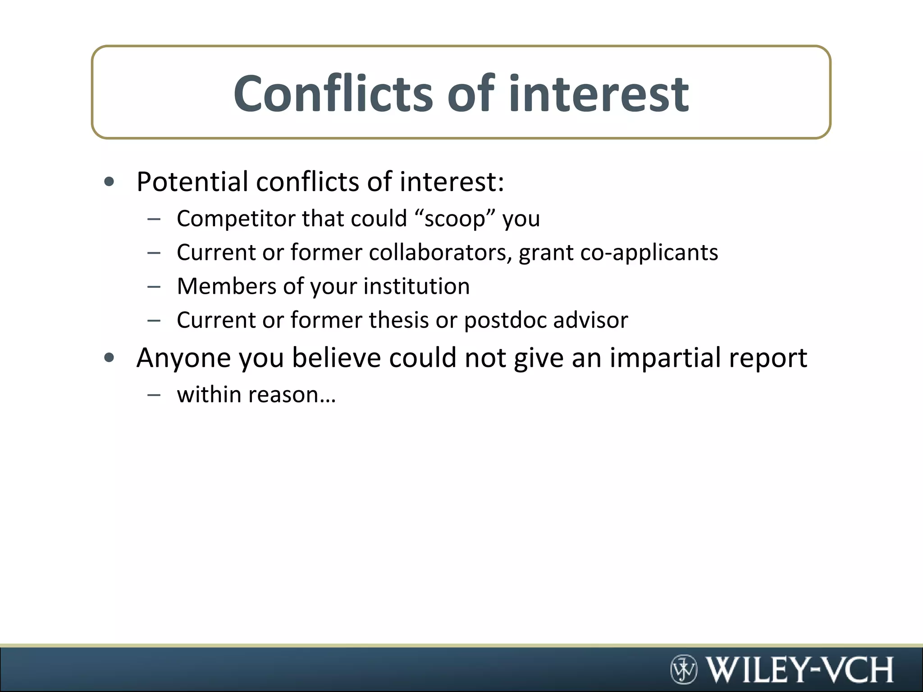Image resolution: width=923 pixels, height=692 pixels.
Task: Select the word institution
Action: [x=416, y=286]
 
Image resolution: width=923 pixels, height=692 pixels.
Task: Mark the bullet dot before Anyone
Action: [x=109, y=358]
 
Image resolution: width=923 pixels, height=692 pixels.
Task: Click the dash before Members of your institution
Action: [x=154, y=287]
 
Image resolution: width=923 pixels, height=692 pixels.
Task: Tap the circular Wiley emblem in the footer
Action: [x=684, y=669]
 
